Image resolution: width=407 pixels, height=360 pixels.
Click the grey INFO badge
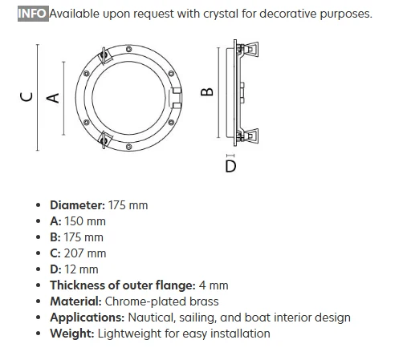(x=33, y=14)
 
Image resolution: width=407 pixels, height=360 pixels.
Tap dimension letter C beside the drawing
(x=26, y=97)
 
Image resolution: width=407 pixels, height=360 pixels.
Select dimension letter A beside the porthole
(x=53, y=98)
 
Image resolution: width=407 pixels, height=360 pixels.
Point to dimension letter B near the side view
(x=207, y=92)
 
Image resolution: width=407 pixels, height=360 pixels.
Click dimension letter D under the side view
(x=230, y=166)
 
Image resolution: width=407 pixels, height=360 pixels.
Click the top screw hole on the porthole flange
(x=128, y=49)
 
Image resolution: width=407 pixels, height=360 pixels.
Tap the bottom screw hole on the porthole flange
(x=128, y=147)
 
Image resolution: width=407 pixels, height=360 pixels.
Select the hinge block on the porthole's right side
(x=176, y=98)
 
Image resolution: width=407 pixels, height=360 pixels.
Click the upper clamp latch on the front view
(x=105, y=56)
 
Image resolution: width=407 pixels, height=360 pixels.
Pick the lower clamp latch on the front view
(x=105, y=140)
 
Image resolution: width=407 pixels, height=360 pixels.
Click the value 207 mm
(x=85, y=253)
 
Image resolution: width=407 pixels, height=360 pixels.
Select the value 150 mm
(x=85, y=221)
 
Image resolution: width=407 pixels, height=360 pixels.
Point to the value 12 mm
(x=81, y=269)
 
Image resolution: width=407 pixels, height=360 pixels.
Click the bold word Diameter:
(x=78, y=205)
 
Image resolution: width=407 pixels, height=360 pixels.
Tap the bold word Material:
(x=75, y=301)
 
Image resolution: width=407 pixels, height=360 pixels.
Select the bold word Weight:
(x=72, y=334)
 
